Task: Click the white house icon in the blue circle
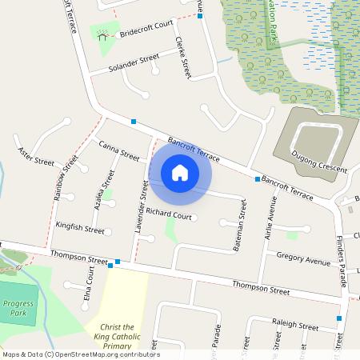click(180, 172)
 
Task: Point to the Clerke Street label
click(183, 58)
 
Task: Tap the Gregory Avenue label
click(303, 261)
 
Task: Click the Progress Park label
click(18, 308)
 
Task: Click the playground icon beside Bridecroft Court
click(102, 34)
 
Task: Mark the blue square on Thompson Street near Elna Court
click(118, 262)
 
